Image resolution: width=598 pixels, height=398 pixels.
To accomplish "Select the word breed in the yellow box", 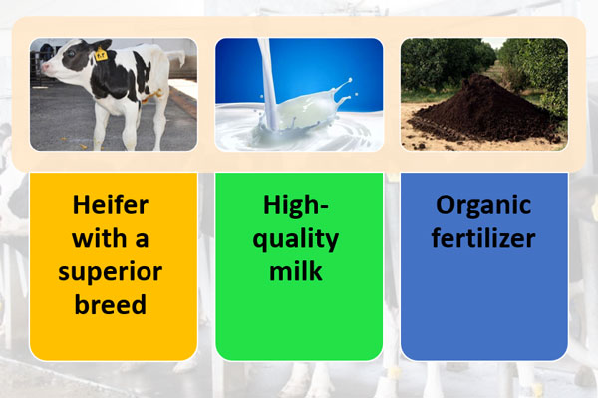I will point(111,304).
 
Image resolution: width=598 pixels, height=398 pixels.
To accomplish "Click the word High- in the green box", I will point(300,206).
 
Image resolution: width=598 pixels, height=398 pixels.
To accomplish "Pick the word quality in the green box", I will point(300,239).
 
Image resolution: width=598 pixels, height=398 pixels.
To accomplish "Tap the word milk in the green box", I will point(300,272).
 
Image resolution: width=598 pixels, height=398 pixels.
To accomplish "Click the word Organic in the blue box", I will point(484,206).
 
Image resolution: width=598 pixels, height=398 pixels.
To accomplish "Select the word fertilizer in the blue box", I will point(484,239).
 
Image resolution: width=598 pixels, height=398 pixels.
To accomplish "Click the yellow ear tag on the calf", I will point(101,56).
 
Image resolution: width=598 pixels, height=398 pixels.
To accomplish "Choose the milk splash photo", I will point(299,95).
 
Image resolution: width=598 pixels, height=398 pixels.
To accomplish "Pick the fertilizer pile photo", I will point(484,95).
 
